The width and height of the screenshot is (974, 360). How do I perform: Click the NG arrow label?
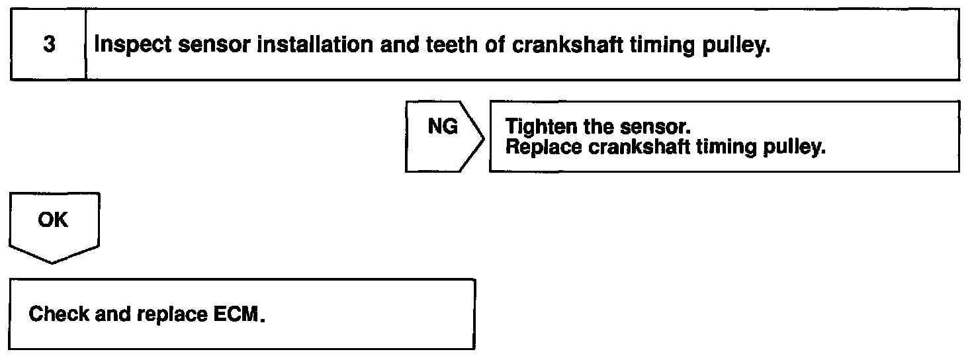tap(443, 127)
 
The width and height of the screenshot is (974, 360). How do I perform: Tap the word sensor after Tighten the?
tap(654, 126)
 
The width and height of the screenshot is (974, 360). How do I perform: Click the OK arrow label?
tap(53, 220)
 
